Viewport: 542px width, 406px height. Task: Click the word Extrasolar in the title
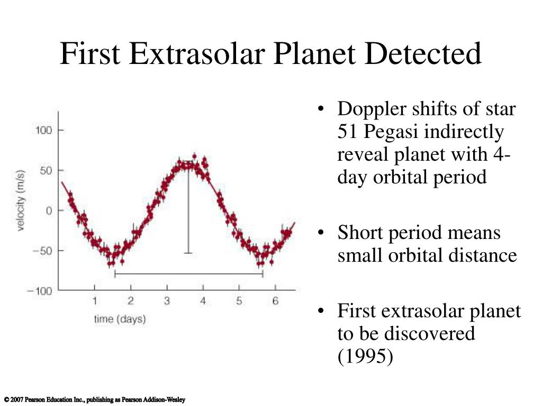[197, 53]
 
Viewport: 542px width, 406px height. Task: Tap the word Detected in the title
[423, 53]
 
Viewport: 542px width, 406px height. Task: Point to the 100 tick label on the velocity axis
[44, 130]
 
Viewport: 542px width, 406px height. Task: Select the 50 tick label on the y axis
[47, 170]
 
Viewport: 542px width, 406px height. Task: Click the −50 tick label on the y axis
[42, 250]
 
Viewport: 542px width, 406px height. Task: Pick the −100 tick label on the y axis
[40, 291]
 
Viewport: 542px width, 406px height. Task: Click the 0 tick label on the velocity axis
[49, 210]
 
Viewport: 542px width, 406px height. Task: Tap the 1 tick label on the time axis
[94, 301]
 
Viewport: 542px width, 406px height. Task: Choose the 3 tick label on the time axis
[167, 301]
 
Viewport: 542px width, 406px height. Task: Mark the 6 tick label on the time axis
[275, 301]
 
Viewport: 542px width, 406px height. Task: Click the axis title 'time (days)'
[120, 319]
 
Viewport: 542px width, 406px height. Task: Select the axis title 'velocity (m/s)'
[21, 200]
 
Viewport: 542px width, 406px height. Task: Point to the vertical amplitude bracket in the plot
[188, 207]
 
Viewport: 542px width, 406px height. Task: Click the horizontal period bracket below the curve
[189, 274]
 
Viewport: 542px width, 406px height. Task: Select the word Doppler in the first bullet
[372, 109]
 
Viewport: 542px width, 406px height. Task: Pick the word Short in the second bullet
[361, 233]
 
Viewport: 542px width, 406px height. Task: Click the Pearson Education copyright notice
[95, 400]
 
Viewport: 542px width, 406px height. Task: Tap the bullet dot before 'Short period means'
[321, 233]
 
